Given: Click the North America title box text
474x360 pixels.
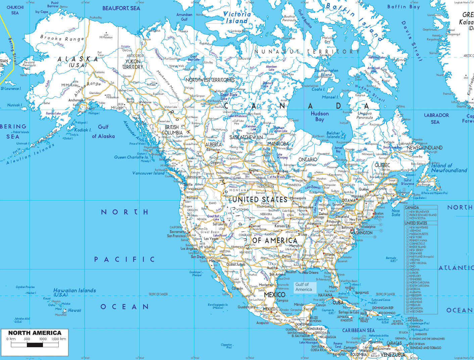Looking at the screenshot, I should click(x=35, y=333).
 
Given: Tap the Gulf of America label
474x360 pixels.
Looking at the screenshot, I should click(x=304, y=287).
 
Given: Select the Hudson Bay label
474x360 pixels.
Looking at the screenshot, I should click(x=319, y=117).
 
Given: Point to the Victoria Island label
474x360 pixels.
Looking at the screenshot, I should click(x=237, y=17).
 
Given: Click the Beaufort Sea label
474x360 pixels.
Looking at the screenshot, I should click(x=121, y=8).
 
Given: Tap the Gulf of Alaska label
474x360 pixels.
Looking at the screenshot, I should click(x=103, y=132).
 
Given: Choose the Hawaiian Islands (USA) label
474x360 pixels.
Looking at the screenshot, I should click(x=75, y=292).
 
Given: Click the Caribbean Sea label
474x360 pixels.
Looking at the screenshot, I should click(x=358, y=330).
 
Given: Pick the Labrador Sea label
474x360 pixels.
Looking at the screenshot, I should click(x=436, y=119).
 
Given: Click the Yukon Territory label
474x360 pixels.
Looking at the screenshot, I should click(x=133, y=64).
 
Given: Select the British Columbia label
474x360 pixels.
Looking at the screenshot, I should click(x=174, y=130).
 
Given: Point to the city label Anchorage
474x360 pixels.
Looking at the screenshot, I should click(x=76, y=100).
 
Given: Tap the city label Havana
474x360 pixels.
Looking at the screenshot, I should click(x=325, y=295).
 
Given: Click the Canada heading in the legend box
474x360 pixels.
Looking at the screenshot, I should click(x=412, y=208).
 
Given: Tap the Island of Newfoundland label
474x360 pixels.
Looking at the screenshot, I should click(x=449, y=168).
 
